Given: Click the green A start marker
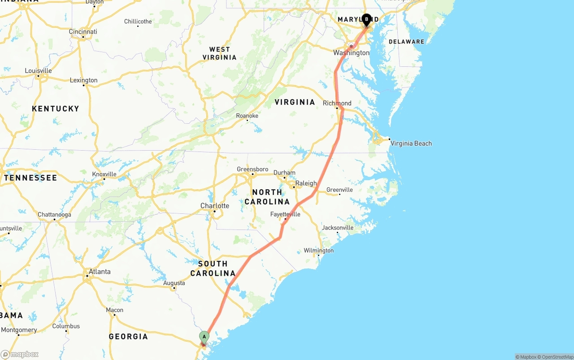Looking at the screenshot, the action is (x=204, y=337).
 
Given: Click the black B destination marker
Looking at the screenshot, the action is (x=366, y=19).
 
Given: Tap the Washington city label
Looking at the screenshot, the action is (x=351, y=53).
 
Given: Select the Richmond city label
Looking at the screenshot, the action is (x=337, y=103).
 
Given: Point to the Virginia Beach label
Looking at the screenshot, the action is (x=411, y=143).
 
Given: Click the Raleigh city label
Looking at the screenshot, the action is (x=306, y=183).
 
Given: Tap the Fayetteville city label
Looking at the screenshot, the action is (x=285, y=214).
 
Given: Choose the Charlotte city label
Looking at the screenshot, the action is (x=215, y=206).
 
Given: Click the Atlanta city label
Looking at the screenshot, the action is (x=100, y=272).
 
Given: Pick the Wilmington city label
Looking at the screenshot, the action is (x=318, y=251).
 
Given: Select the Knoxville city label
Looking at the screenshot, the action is (x=104, y=174).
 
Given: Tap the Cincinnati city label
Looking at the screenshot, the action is (x=83, y=32).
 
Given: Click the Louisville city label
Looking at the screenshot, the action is (x=38, y=71).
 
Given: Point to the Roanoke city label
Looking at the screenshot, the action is (x=247, y=116).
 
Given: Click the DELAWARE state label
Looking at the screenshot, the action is (x=406, y=42).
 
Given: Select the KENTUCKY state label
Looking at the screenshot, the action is (x=56, y=108).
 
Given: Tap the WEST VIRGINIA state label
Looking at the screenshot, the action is (x=219, y=53).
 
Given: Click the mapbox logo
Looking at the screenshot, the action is (x=20, y=354).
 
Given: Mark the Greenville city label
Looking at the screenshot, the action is (x=339, y=190).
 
